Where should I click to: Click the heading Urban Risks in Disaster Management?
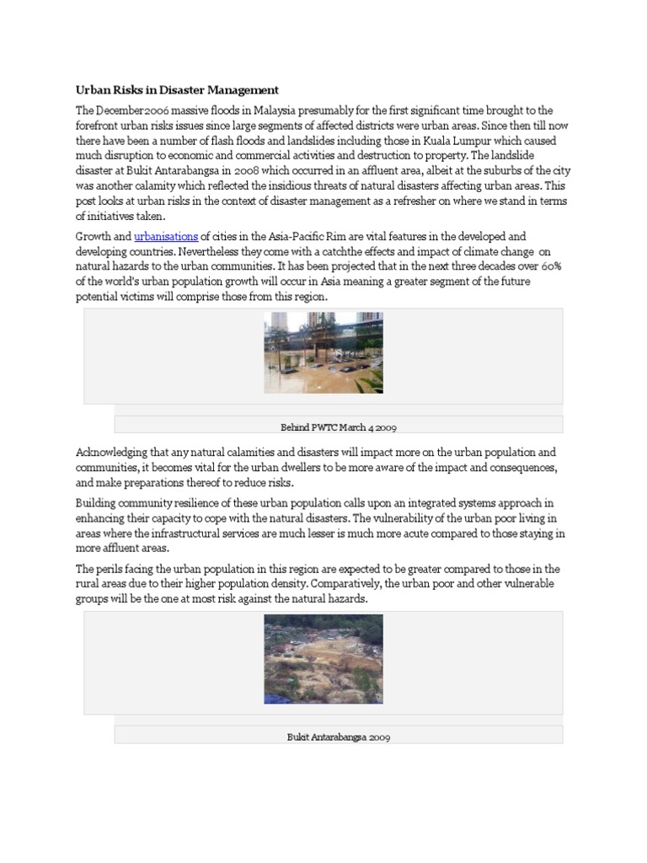177,90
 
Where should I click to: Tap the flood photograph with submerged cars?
323,352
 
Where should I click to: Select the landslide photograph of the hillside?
323,659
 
